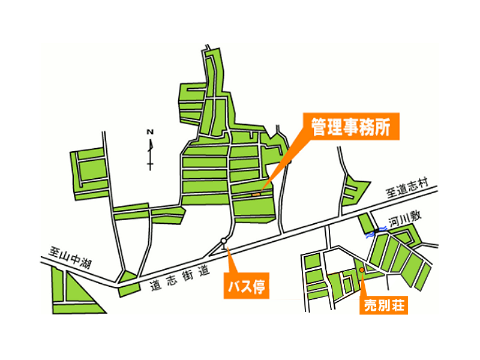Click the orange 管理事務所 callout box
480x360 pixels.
[351, 127]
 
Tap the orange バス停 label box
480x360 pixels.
[247, 286]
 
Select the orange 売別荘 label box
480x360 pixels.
[383, 305]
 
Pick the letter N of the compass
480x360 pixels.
[149, 132]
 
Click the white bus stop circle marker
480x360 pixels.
[224, 241]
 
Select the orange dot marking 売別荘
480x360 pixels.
[362, 269]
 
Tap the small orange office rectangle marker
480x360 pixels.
[256, 194]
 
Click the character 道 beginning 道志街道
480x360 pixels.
[155, 286]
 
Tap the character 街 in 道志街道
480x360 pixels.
[188, 275]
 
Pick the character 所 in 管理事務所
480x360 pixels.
[382, 127]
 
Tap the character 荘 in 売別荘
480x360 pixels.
[397, 305]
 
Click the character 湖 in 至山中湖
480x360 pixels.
[85, 263]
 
